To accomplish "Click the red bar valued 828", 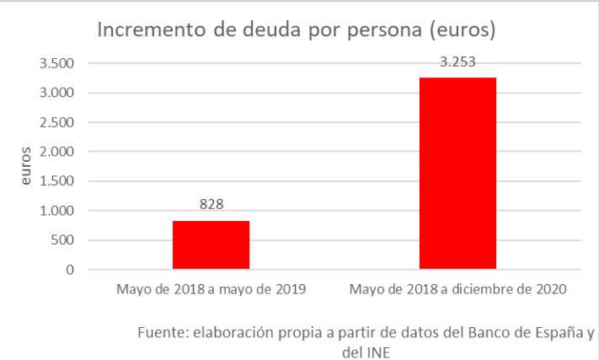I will tap(211, 245).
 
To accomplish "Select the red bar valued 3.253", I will tap(457, 174).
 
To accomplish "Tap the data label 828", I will tap(211, 205).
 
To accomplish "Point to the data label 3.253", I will tap(457, 62).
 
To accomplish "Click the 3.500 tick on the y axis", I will tap(57, 63).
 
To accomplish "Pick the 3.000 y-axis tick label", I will tap(57, 93).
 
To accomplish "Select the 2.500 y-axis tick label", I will tap(57, 122).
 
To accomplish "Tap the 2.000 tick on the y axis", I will tap(57, 152).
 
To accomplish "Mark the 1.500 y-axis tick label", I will tap(57, 181).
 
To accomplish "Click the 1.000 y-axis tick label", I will tap(57, 211).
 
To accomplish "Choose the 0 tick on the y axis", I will tap(71, 270).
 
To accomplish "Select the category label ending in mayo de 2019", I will tap(210, 290).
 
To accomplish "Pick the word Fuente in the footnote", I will tap(161, 331).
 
